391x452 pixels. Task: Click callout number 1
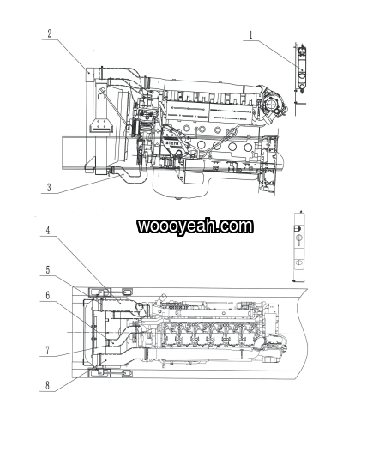pos(250,35)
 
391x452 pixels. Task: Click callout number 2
pos(50,33)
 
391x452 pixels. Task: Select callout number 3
pos(49,187)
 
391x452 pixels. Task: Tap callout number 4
pos(48,230)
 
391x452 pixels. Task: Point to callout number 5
pos(48,270)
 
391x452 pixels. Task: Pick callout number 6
pos(48,295)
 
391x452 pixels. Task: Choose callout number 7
pos(48,350)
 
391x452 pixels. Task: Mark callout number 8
pos(47,385)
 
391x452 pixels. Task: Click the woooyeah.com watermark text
pos(195,226)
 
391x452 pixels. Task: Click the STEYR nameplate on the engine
pos(172,143)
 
